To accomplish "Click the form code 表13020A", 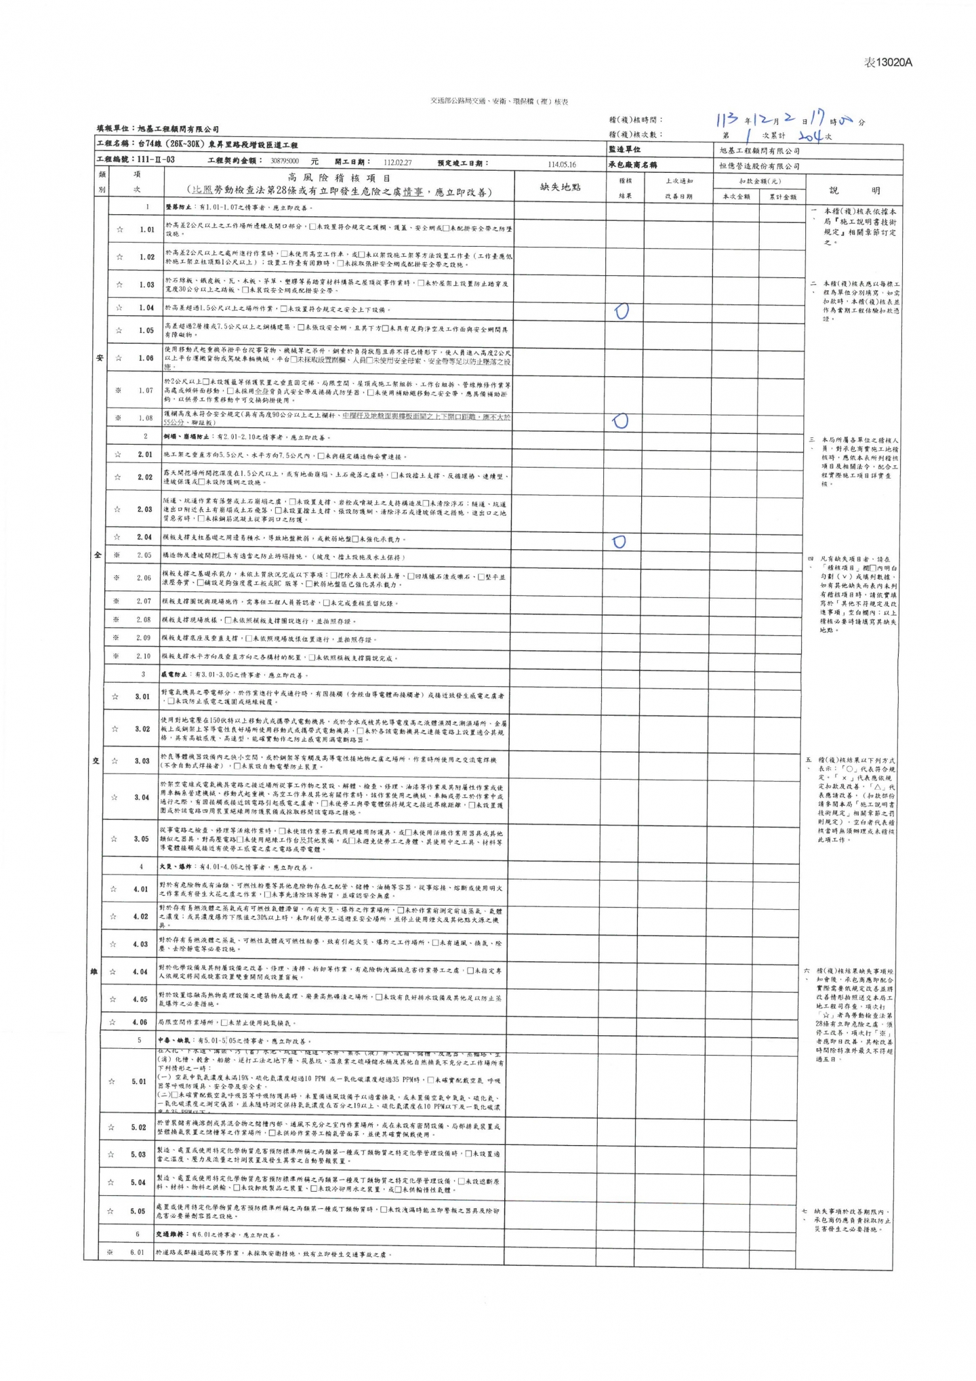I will (888, 62).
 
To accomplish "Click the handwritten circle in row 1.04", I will (621, 311).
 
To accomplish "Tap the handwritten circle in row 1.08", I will (621, 420).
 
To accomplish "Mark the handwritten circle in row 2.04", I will (619, 541).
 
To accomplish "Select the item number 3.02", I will (142, 729).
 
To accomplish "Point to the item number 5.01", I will (138, 1081).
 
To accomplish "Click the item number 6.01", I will (138, 1252).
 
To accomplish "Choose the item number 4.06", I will (140, 1022).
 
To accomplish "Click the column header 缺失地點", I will (561, 186).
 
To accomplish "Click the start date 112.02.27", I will (397, 162).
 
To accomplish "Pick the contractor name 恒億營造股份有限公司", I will (759, 165).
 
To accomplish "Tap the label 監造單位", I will (624, 149).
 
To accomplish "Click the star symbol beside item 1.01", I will (120, 229).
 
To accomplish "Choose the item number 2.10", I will (143, 656).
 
